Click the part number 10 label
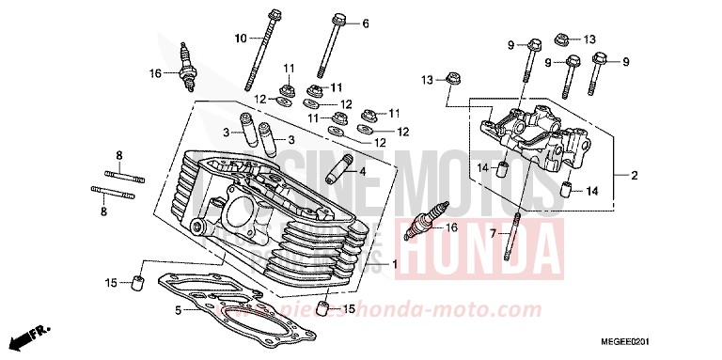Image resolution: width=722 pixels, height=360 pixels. pos(240,38)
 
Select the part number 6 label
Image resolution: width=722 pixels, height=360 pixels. pos(366,23)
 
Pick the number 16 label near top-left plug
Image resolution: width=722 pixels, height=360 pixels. pos(155,72)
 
